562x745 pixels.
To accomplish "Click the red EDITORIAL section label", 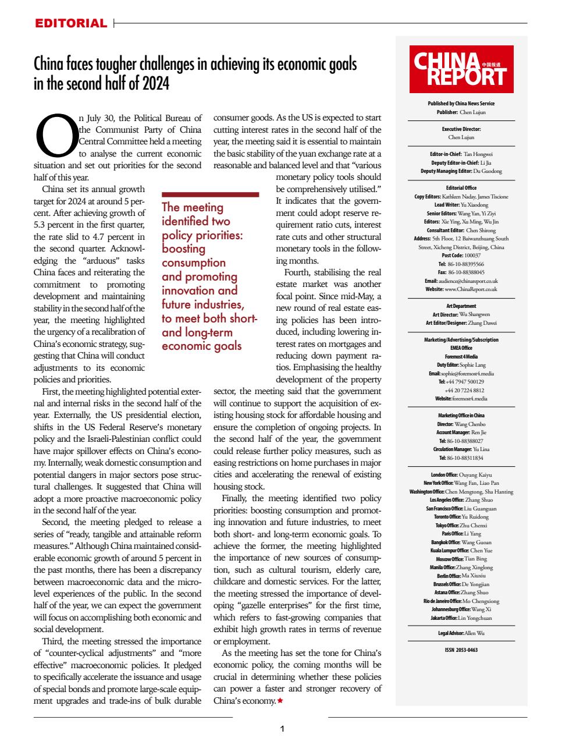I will coord(70,24).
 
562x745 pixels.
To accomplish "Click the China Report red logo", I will coord(461,69).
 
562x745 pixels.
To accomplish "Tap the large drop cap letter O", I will coord(56,135).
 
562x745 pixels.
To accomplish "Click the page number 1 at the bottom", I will coord(282,728).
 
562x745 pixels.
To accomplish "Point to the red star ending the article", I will coord(280,701).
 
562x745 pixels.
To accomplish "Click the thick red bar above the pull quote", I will coord(210,194).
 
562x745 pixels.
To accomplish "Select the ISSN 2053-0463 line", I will coord(461,650).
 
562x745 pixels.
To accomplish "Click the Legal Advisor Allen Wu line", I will coord(461,633).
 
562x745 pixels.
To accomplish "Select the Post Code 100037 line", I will coord(461,255).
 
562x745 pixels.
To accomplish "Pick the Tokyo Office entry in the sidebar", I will coord(461,525).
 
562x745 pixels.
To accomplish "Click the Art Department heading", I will coord(461,306).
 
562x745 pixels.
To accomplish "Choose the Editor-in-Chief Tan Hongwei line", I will coord(461,154).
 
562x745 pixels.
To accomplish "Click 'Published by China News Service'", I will coord(461,104).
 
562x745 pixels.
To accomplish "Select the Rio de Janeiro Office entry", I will coord(461,601).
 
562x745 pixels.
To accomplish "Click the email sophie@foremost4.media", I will coord(461,373).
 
